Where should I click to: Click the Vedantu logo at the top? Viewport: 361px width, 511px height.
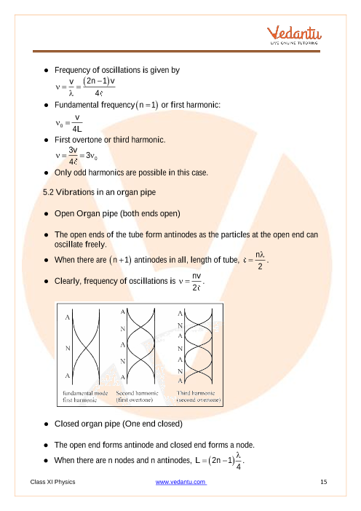294,35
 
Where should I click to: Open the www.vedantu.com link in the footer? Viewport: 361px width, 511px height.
180,482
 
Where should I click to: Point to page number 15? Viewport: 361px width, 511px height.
324,482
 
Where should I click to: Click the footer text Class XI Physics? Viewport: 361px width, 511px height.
53,482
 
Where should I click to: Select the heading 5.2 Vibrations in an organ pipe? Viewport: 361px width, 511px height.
100,192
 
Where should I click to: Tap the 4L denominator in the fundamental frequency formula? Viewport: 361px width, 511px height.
77,129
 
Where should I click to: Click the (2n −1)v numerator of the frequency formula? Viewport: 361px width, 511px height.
99,81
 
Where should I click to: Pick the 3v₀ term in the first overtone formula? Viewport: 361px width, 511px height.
92,156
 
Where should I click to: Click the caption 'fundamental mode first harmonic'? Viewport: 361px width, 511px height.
85,396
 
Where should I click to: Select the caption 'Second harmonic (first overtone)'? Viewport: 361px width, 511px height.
137,396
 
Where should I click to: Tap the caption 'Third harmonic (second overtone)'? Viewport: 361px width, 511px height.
199,396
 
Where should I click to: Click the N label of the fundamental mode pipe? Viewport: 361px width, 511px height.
68,348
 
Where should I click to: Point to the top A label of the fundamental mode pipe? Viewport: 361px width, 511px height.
68,317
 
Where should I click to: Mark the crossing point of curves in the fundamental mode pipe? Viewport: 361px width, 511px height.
86,348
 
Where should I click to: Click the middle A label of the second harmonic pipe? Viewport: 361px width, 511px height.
123,344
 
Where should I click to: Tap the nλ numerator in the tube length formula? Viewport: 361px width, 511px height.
260,255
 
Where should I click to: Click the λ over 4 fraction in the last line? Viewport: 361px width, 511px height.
239,461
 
